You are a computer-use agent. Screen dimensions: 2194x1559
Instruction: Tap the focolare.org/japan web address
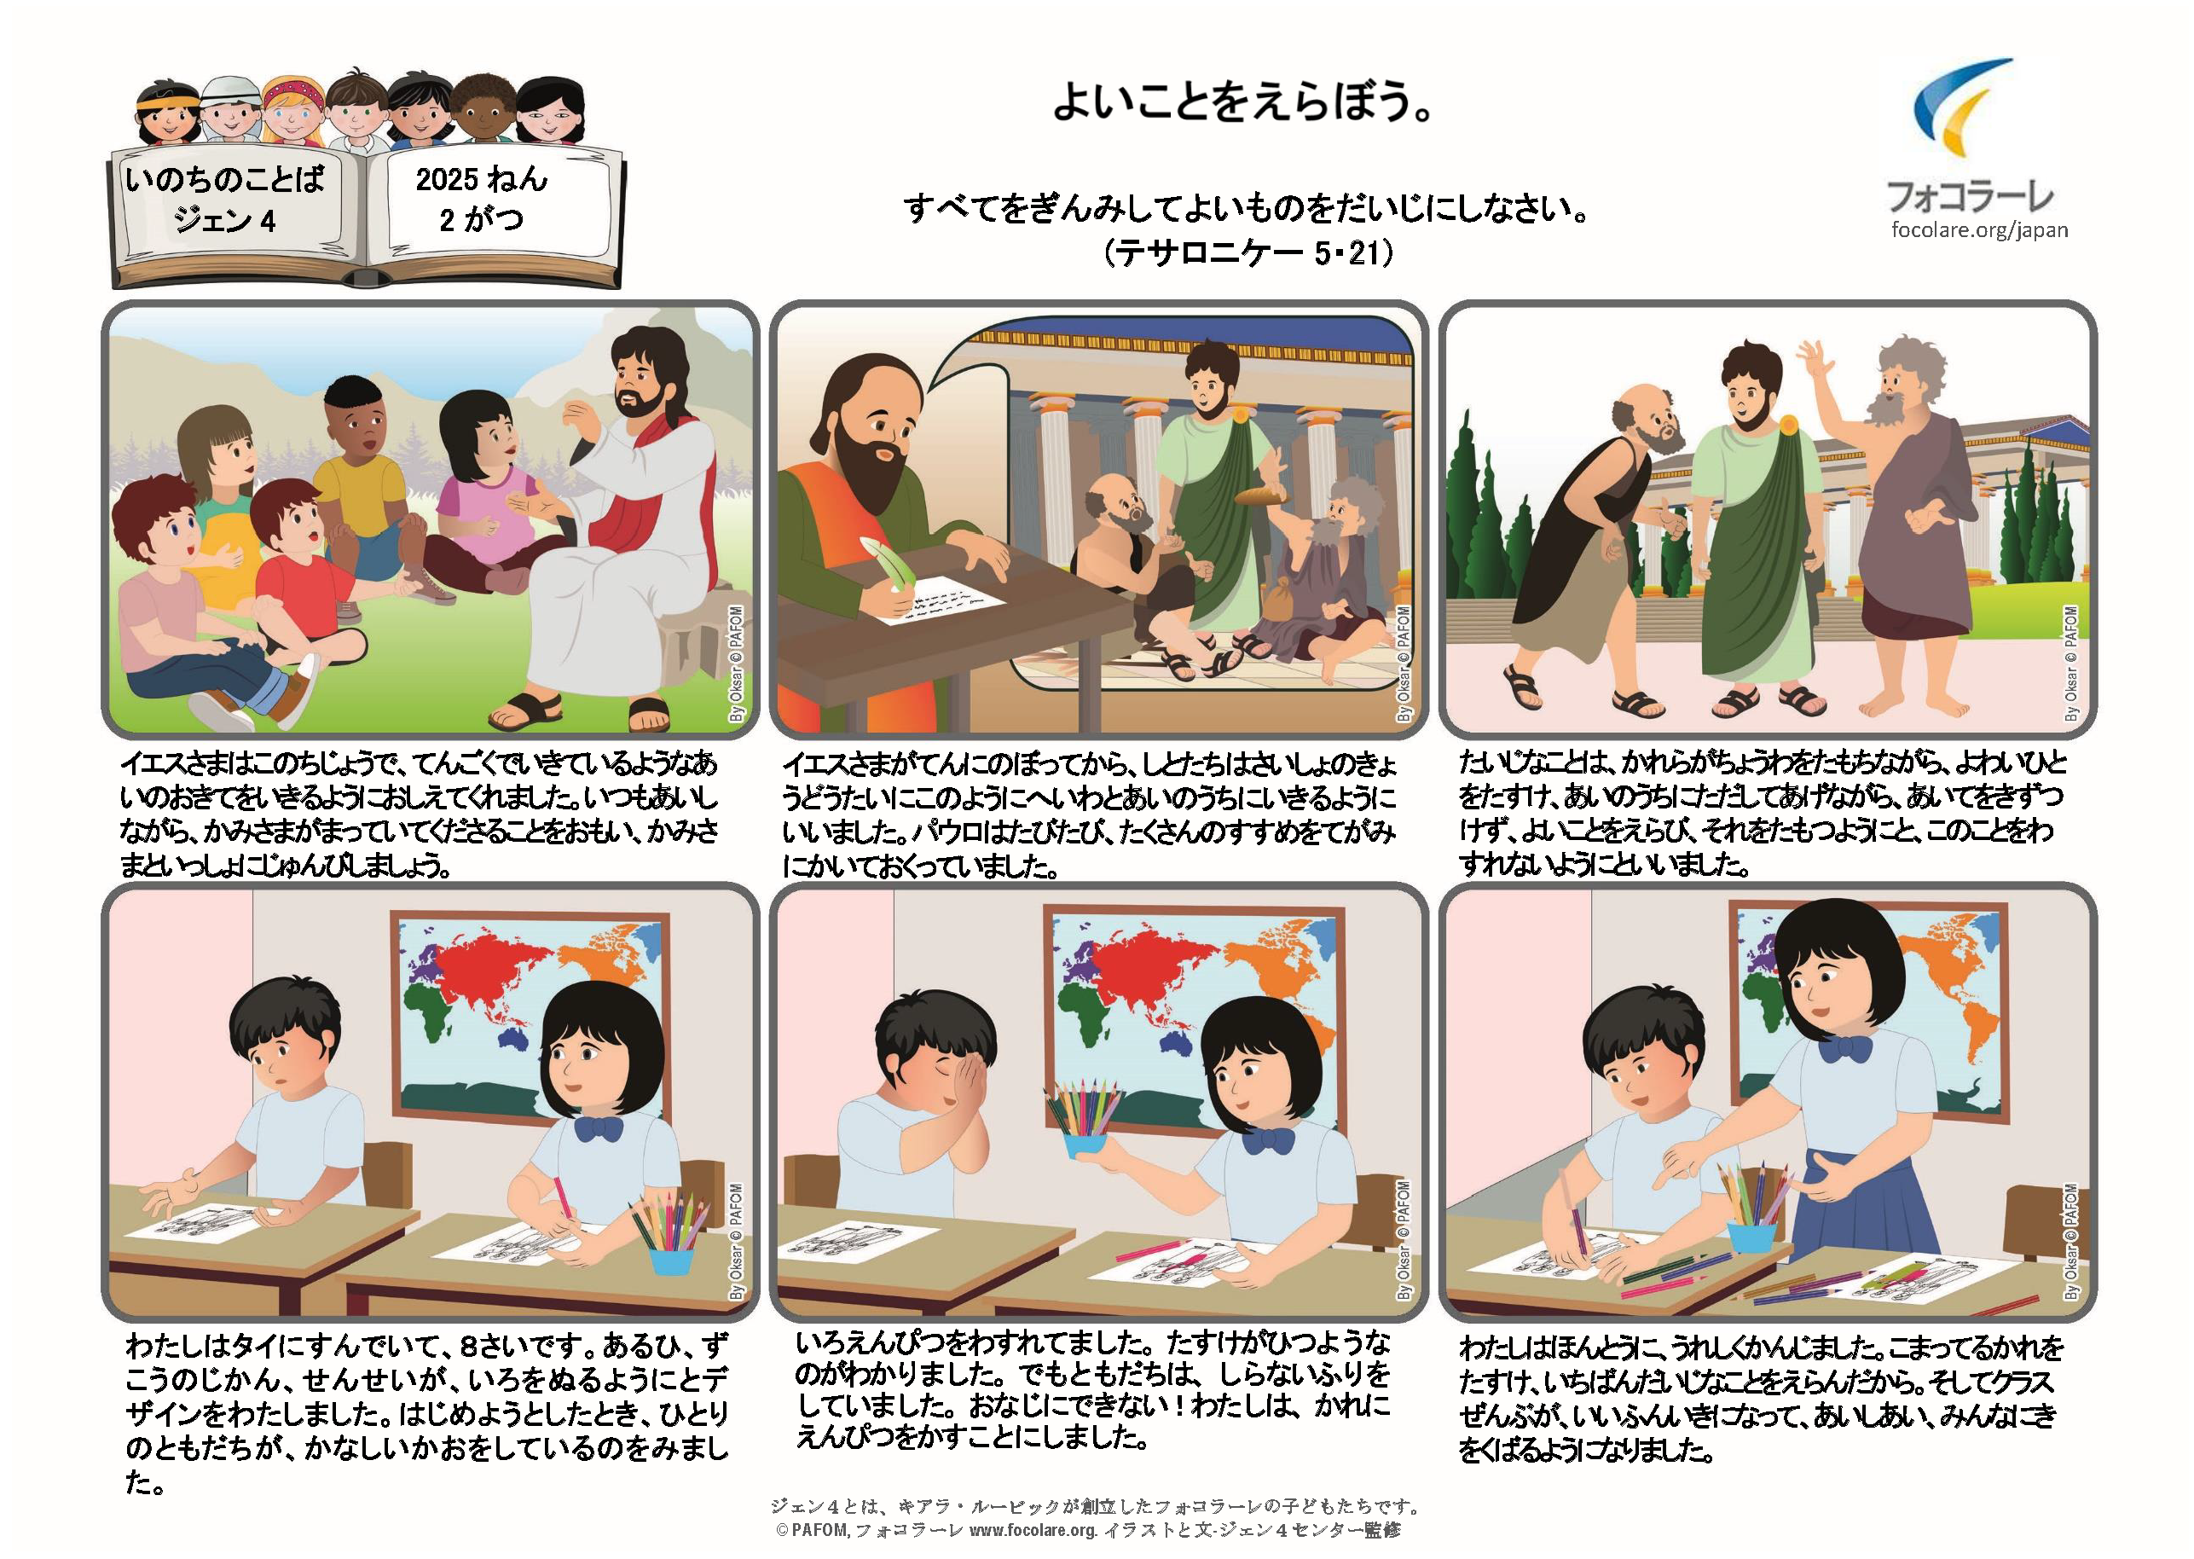pyautogui.click(x=1979, y=229)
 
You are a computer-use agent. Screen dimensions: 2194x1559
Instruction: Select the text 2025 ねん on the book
pyautogui.click(x=481, y=178)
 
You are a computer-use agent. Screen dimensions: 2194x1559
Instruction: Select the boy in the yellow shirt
pyautogui.click(x=360, y=480)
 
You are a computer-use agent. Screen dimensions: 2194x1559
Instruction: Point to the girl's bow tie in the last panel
pyautogui.click(x=1844, y=1048)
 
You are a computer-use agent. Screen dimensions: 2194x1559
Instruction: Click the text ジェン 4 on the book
pyautogui.click(x=224, y=221)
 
